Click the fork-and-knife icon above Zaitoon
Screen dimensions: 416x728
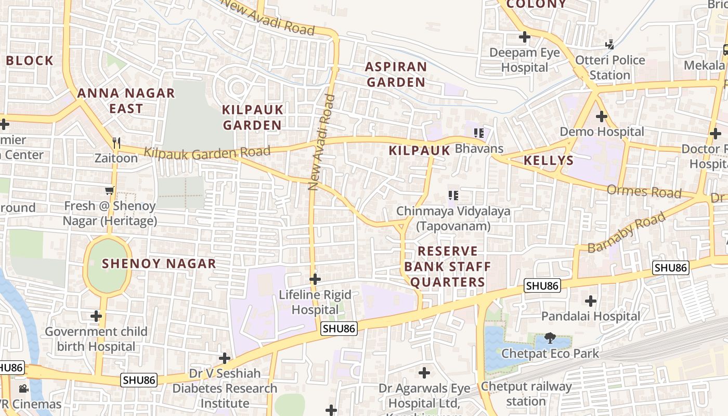[116, 142]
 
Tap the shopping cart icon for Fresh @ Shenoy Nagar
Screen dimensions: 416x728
[109, 191]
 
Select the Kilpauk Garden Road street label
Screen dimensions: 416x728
[207, 153]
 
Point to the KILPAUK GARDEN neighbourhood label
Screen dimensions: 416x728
[253, 118]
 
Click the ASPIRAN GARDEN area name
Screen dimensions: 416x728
[395, 74]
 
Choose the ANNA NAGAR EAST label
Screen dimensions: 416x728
[126, 101]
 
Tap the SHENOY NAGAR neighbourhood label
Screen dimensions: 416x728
[159, 264]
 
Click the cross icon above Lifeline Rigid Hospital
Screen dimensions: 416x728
[315, 279]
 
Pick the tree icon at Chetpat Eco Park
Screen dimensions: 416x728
[550, 338]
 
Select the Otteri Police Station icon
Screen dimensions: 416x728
[609, 44]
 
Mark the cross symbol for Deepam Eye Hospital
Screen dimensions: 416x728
[525, 37]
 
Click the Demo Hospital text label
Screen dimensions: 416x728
[602, 132]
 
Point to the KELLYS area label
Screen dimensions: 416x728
[549, 160]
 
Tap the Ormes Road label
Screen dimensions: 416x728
[644, 191]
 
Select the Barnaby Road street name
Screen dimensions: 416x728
[626, 232]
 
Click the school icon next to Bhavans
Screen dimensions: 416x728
[479, 133]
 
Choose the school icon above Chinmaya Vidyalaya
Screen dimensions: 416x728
[453, 196]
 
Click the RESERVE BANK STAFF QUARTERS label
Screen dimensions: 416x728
[447, 267]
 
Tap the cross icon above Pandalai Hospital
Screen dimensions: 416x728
[590, 301]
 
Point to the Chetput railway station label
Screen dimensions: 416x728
[526, 394]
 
